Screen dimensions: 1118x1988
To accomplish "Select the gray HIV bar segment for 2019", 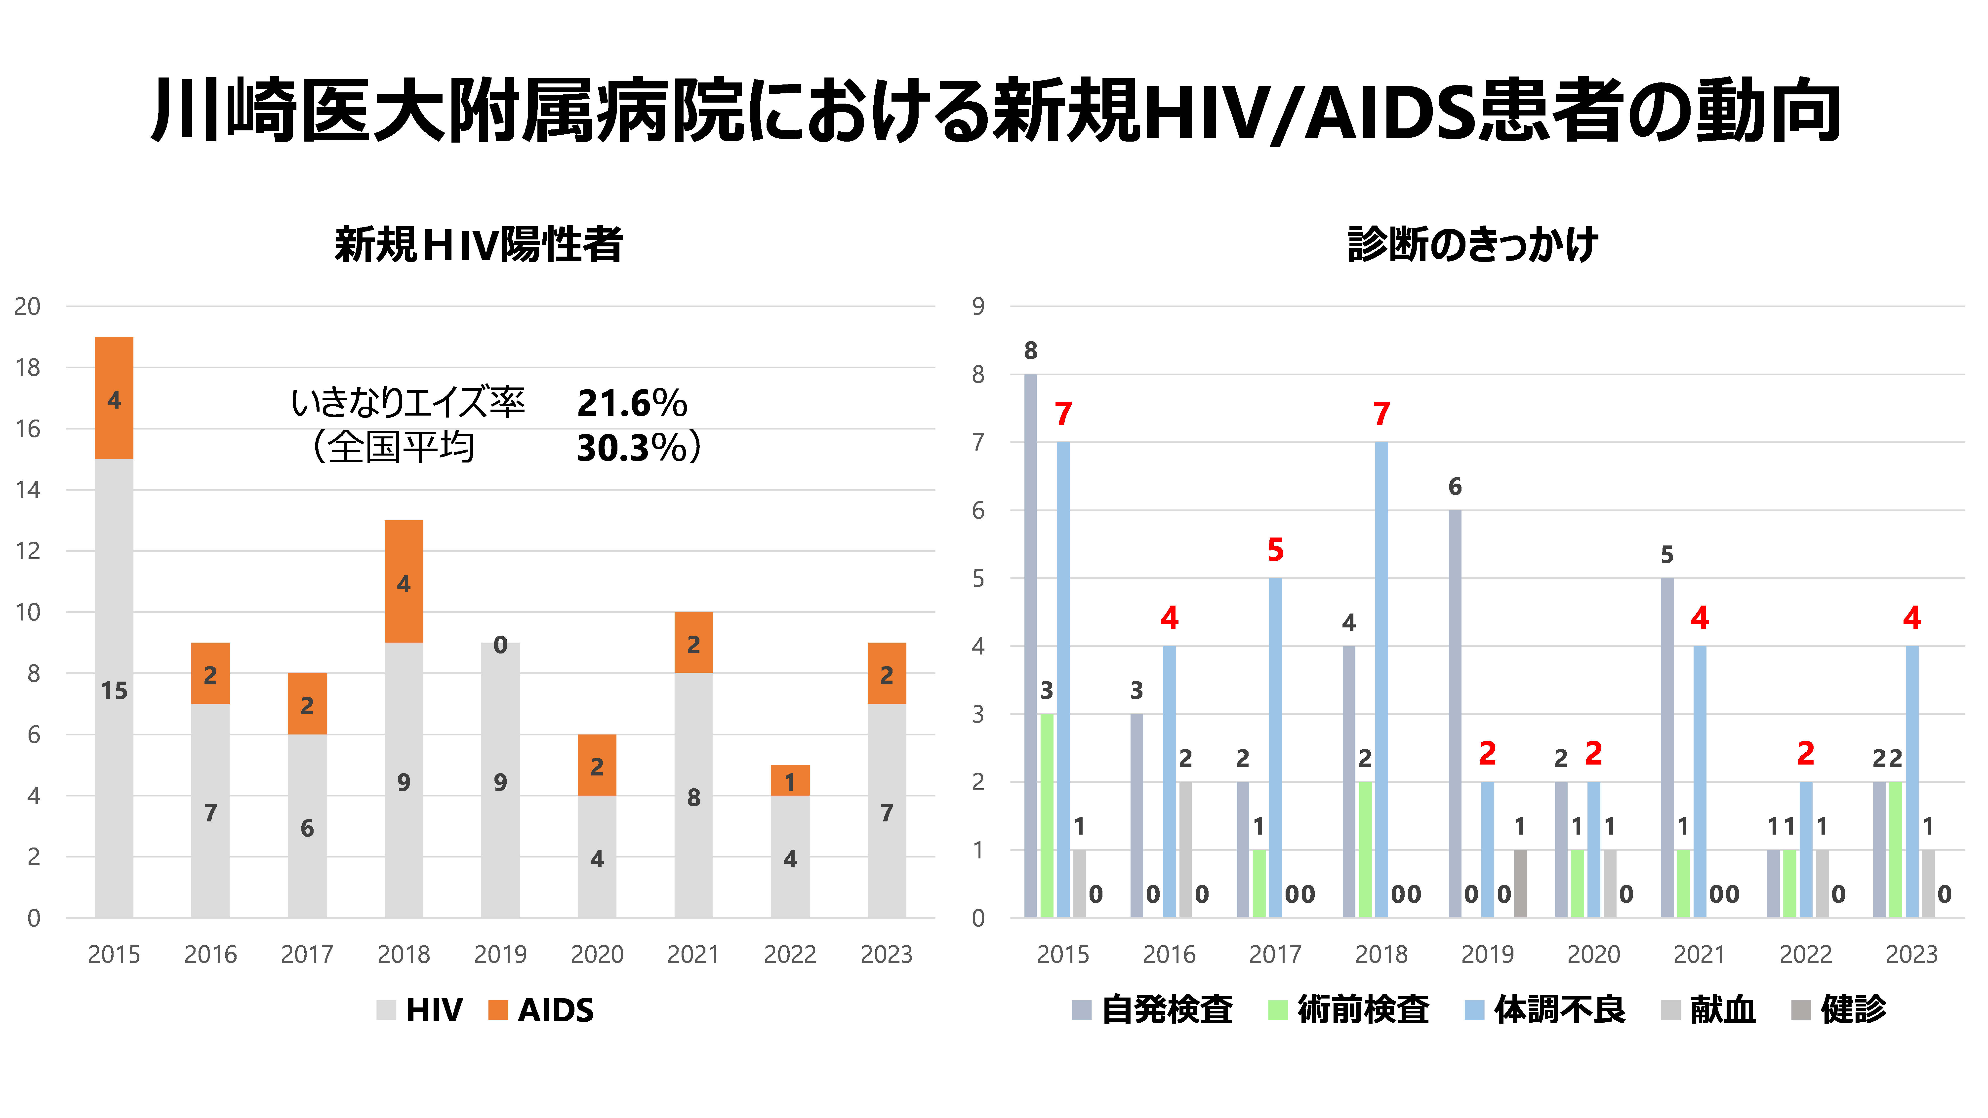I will coord(500,779).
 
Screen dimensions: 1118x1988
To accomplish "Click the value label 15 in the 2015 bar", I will coord(114,691).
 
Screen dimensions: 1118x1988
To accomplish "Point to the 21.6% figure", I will coord(631,403).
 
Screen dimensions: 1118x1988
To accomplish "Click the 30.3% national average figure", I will coord(631,448).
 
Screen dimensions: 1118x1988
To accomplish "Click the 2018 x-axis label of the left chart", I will coord(404,954).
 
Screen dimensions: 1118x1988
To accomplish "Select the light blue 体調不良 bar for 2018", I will coord(1381,679).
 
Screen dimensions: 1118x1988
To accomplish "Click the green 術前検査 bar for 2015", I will coord(1047,815).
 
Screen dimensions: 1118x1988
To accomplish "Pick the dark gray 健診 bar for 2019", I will coord(1520,884).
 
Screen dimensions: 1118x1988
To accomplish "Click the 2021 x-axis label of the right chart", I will coord(1699,954).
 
